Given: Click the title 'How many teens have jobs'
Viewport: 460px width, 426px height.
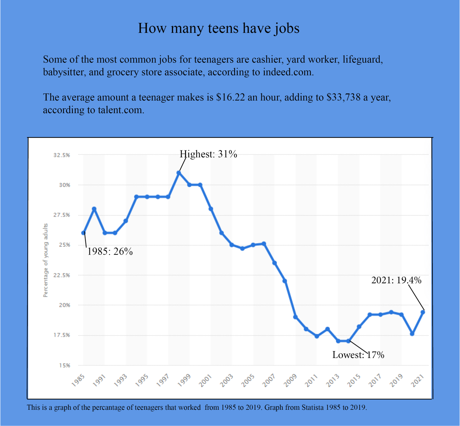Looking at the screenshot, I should (219, 28).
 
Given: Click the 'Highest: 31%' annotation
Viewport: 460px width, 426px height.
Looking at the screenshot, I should (208, 154).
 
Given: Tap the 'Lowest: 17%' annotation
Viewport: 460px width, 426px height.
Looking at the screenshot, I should (358, 355).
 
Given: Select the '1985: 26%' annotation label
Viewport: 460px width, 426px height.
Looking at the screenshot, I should (110, 252).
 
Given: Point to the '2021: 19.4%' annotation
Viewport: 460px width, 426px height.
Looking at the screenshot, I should (396, 280).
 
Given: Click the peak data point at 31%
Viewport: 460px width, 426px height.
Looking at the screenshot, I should (179, 173).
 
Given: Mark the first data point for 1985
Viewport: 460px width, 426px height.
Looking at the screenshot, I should (83, 233).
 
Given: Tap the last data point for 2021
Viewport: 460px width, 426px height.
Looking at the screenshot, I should (423, 312).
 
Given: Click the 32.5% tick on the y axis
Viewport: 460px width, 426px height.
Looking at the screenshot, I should (62, 155).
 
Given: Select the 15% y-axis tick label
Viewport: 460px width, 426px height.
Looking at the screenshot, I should (64, 365).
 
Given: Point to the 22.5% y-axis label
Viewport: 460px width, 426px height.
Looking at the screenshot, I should (62, 275).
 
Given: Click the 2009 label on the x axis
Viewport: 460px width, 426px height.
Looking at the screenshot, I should (290, 380).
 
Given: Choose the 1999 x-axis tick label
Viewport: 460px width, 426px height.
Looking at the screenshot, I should (184, 380).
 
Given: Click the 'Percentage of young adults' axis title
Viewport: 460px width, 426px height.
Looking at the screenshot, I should (45, 260).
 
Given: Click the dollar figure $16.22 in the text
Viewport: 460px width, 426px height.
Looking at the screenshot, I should (230, 97).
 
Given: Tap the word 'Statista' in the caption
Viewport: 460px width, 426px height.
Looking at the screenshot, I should (312, 407).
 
